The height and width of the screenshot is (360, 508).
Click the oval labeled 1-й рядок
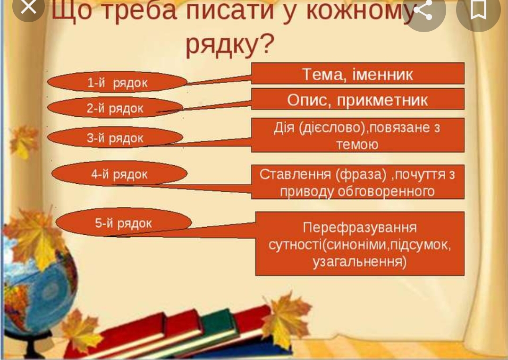click(x=117, y=83)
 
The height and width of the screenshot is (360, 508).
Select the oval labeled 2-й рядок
click(x=115, y=108)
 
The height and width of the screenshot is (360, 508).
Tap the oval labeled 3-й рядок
click(x=115, y=138)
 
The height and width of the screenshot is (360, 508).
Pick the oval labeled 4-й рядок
click(x=119, y=174)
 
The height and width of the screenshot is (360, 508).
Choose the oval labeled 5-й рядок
click(x=124, y=223)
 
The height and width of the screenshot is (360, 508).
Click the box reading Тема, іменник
click(x=357, y=74)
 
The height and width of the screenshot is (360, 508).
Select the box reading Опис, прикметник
click(x=357, y=100)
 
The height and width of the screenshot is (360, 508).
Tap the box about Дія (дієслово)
click(x=357, y=135)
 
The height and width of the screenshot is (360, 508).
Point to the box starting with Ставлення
click(x=357, y=182)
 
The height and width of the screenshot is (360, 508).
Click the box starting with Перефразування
click(x=360, y=244)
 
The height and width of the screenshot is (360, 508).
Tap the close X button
click(x=29, y=8)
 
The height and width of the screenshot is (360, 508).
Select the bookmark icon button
click(x=478, y=10)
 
